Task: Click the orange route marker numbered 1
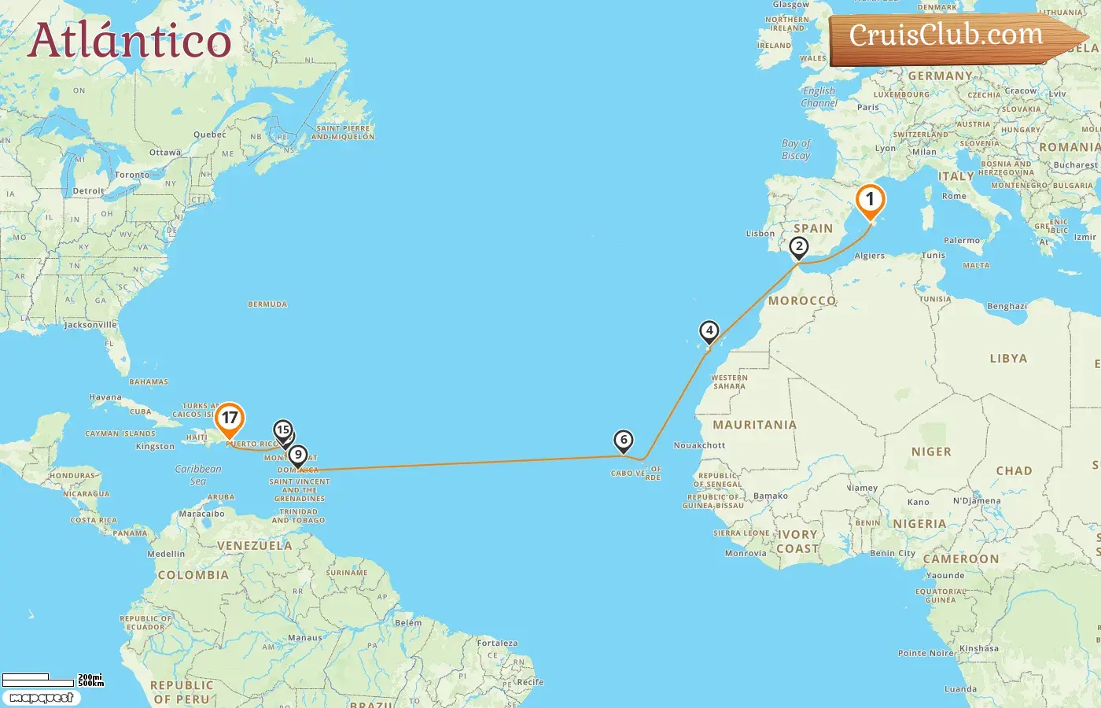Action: tap(870, 201)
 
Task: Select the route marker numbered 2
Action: tap(799, 247)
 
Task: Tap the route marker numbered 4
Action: tap(709, 331)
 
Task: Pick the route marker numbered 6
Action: tap(623, 441)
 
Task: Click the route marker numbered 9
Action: tap(297, 455)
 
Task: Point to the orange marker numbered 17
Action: tap(229, 419)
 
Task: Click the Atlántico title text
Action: tap(130, 41)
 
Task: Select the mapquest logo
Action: tap(41, 698)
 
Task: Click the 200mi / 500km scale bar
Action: tap(52, 679)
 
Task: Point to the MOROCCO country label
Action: tap(802, 301)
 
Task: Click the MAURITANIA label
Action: tap(754, 425)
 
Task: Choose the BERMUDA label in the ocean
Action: tap(267, 304)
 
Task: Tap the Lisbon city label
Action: tap(760, 234)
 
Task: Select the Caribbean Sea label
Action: tap(198, 474)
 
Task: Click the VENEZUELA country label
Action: tap(254, 545)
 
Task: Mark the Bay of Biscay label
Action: tap(796, 149)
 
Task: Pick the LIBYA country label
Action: tap(1008, 359)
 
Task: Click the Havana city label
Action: tap(105, 397)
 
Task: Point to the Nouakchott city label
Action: tap(699, 445)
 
